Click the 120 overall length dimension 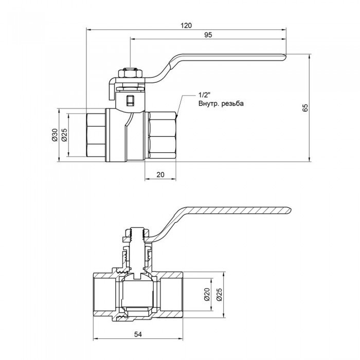click(187, 24)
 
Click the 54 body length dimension click(138, 335)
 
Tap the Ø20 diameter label click(206, 294)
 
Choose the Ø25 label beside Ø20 click(219, 294)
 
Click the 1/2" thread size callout click(204, 95)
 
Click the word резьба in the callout click(233, 103)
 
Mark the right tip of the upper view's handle click(284, 58)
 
